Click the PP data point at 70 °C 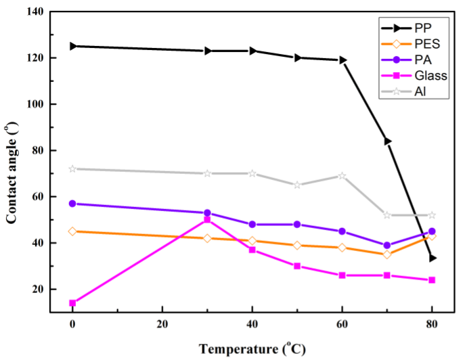(x=387, y=141)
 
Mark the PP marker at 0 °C (x=72, y=46)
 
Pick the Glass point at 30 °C (x=208, y=219)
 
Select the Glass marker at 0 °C (x=72, y=303)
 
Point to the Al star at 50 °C (x=297, y=185)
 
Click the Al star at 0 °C (x=72, y=168)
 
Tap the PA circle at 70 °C (x=387, y=246)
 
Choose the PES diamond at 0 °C (x=72, y=231)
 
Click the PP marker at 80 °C (x=432, y=258)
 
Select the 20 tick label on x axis (x=162, y=323)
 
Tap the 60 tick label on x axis (x=342, y=323)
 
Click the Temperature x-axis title (x=252, y=348)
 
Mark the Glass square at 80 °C (x=432, y=280)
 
